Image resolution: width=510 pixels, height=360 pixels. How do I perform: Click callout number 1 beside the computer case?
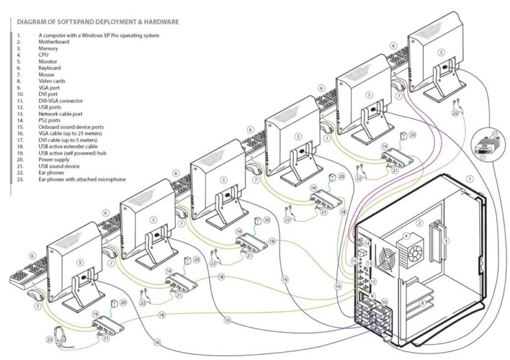(470, 178)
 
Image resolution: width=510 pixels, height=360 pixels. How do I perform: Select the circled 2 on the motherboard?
(420, 223)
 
